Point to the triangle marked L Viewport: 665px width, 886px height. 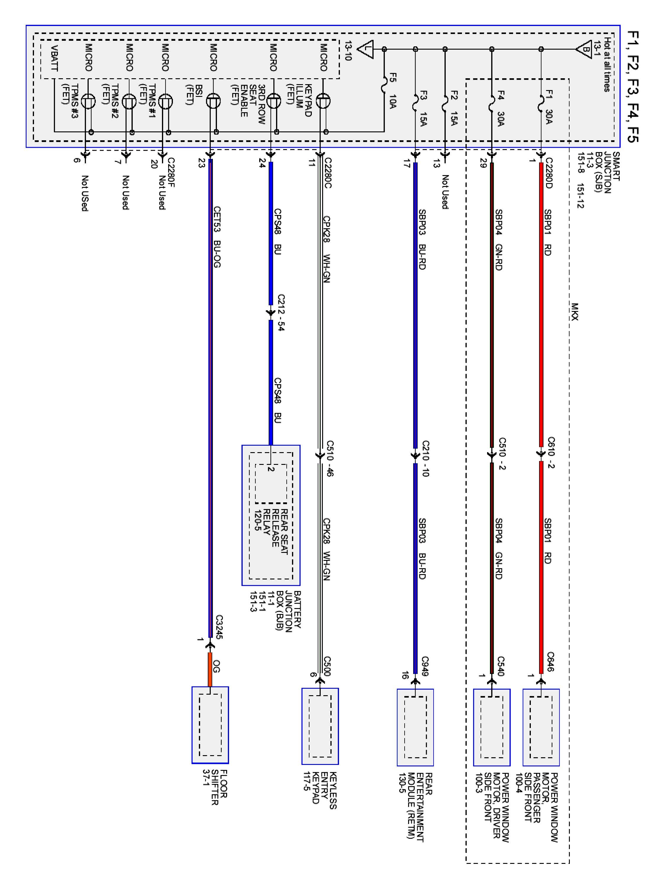click(x=366, y=49)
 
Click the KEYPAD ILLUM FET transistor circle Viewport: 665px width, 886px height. click(x=323, y=101)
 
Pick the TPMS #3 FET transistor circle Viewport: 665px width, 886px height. click(x=88, y=101)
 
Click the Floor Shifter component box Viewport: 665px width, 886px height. click(x=210, y=725)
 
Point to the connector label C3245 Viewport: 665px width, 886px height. click(x=218, y=627)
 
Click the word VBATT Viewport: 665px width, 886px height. click(x=54, y=58)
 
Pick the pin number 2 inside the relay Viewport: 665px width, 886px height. click(x=271, y=469)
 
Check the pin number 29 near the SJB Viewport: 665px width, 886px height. click(x=483, y=163)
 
